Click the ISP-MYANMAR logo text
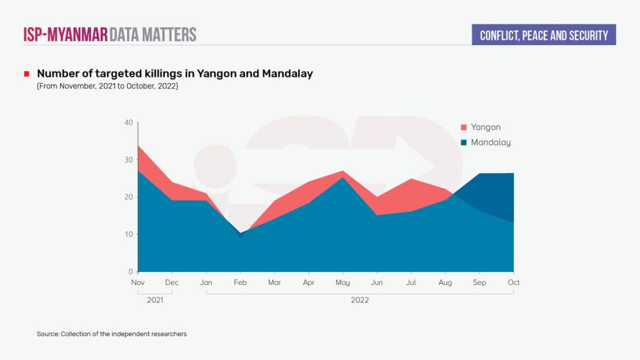click(x=66, y=34)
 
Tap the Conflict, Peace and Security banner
click(x=544, y=35)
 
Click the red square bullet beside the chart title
click(x=27, y=74)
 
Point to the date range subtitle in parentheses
click(x=107, y=86)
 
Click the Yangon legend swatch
click(x=463, y=127)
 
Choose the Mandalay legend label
click(x=491, y=142)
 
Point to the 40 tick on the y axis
click(x=128, y=122)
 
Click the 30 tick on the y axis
click(x=128, y=160)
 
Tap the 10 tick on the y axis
click(x=128, y=234)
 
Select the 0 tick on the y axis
click(x=130, y=272)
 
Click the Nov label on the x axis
click(x=137, y=282)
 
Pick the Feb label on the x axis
click(x=240, y=282)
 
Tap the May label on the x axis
click(x=342, y=282)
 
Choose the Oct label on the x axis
click(x=514, y=282)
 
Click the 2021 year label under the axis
click(x=154, y=300)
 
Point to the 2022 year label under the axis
click(x=359, y=300)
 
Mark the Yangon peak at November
click(x=138, y=146)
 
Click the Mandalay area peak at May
click(x=342, y=178)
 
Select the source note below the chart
click(x=112, y=334)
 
